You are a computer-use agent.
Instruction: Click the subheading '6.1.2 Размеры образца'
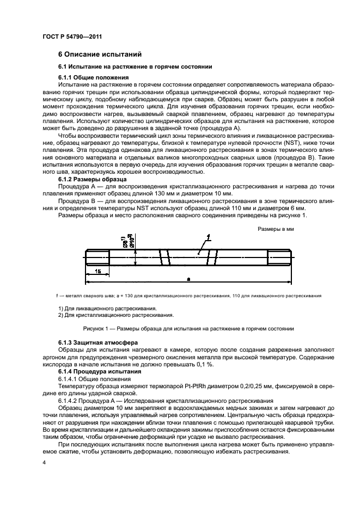[x=92, y=179]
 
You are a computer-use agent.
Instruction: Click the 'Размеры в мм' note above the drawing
[x=276, y=229]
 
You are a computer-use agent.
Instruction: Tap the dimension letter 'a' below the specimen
[x=188, y=278]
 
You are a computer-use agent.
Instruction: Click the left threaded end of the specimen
[x=97, y=256]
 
